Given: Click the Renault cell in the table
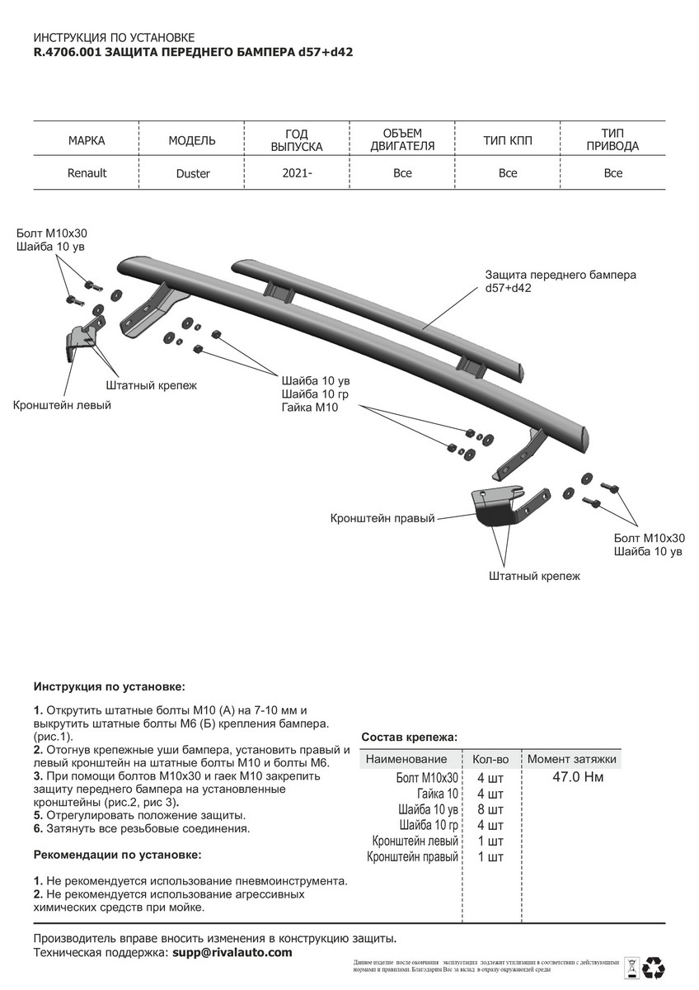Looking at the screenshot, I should click(87, 173).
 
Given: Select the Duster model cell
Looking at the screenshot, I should click(192, 174).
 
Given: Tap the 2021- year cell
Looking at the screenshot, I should click(298, 173).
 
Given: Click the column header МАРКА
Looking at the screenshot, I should click(87, 141).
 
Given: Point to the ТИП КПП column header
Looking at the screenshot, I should click(508, 141).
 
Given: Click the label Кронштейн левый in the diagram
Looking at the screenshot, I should click(62, 405).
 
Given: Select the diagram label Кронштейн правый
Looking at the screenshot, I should click(382, 519).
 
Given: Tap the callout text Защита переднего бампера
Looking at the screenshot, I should click(561, 275).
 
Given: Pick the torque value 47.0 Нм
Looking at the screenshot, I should click(576, 776).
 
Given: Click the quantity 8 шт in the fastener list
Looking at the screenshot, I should click(490, 809).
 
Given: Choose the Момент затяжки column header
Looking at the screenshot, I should click(572, 759).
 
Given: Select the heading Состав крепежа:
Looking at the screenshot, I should click(410, 737).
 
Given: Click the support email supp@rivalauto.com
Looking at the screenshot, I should click(232, 952).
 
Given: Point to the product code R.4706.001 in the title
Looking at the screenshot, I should click(62, 51).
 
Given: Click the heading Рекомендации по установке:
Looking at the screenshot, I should click(117, 854).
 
